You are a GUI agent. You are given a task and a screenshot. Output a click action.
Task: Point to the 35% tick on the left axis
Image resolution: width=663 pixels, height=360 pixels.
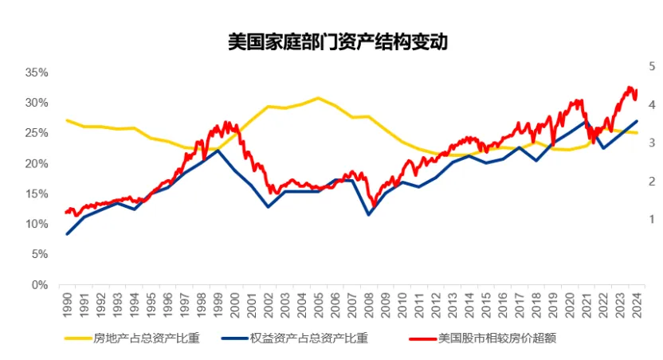tap(37, 72)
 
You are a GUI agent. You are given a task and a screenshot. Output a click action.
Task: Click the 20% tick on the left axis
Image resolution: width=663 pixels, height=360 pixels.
tap(37, 163)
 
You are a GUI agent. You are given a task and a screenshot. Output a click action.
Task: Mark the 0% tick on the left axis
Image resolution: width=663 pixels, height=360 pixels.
tap(41, 284)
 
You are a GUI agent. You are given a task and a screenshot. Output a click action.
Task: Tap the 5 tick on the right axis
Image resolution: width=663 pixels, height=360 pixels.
tap(652, 68)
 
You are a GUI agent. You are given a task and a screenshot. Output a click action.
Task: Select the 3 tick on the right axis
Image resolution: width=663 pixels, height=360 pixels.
tap(652, 143)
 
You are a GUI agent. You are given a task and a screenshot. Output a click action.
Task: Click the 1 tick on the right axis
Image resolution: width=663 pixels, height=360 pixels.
tap(652, 219)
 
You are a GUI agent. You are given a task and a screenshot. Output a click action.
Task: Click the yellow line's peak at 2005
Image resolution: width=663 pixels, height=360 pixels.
tap(318, 98)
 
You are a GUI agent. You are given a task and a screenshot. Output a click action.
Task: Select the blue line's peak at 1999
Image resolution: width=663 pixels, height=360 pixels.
tap(218, 150)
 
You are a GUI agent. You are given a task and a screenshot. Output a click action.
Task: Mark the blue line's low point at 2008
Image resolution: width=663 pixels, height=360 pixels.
tap(368, 215)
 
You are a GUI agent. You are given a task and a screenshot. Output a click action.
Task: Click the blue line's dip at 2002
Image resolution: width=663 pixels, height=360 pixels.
tap(268, 207)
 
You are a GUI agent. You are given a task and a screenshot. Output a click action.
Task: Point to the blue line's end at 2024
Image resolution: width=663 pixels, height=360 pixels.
tap(637, 121)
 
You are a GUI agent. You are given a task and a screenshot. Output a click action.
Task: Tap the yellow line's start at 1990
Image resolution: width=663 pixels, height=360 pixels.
tap(67, 120)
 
